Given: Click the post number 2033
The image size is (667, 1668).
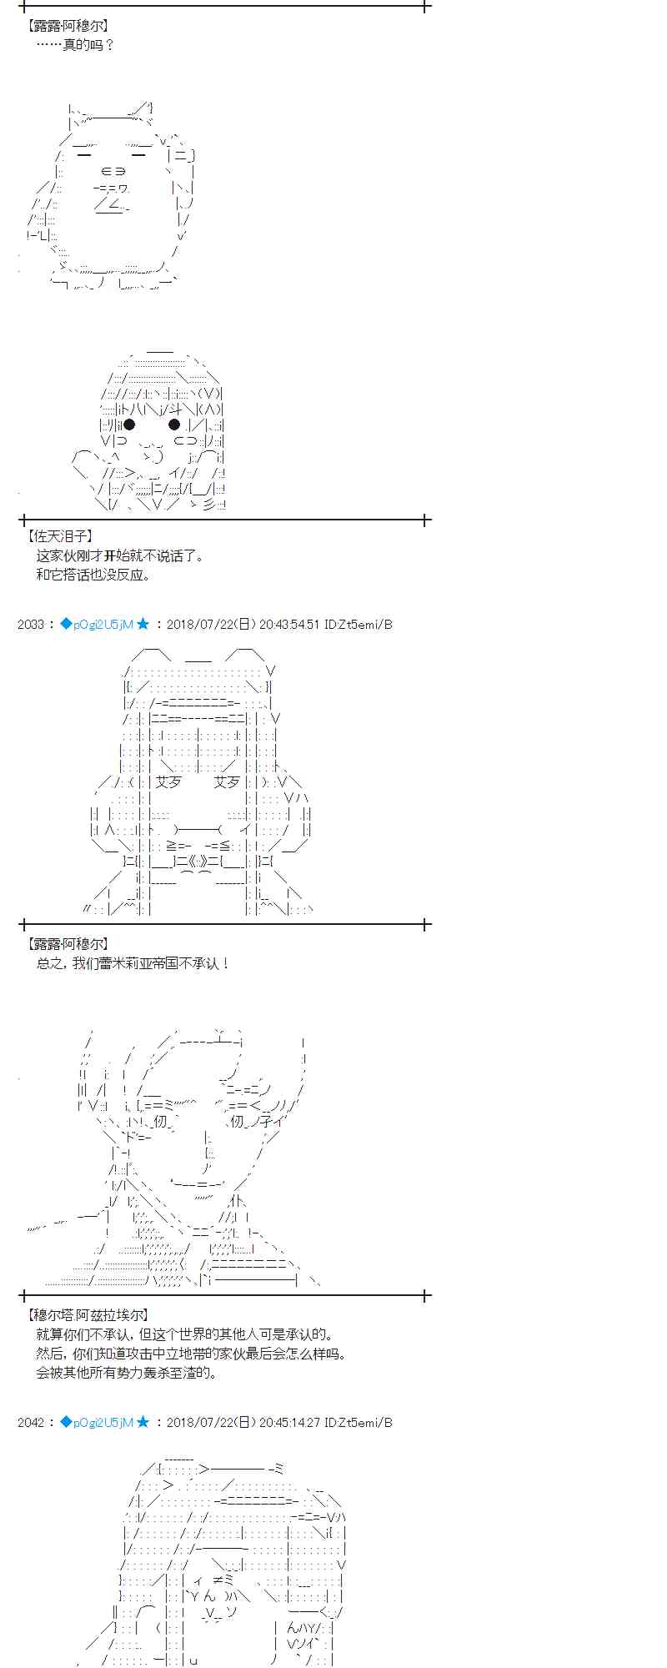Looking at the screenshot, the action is (31, 624).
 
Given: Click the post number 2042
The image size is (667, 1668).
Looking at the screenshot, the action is (31, 1422).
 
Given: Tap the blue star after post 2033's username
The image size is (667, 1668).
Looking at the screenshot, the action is (143, 624).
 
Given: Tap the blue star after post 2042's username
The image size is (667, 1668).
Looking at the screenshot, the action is (143, 1422).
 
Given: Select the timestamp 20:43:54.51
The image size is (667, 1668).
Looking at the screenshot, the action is (289, 624).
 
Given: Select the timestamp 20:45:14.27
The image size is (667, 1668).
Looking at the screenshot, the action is (289, 1422).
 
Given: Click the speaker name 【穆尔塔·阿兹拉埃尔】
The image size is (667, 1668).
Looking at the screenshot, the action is (88, 1315).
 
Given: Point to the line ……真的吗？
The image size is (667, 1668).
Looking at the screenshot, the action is (75, 44).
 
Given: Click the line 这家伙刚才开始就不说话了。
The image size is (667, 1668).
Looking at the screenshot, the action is (120, 555).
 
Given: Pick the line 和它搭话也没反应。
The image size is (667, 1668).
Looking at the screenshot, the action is (93, 575).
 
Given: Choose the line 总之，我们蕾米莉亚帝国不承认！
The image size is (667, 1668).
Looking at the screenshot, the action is (133, 963).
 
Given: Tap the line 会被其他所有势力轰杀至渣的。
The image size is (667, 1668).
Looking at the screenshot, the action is (127, 1373).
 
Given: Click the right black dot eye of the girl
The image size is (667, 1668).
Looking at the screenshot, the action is (174, 425).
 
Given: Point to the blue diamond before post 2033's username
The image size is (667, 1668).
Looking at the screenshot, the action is (66, 624).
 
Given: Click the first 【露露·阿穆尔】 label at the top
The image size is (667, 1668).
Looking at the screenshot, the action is (67, 26).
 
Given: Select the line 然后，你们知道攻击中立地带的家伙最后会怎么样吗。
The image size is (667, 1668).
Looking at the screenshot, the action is (191, 1354).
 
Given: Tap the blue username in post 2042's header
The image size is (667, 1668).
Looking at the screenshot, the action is (103, 1422).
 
